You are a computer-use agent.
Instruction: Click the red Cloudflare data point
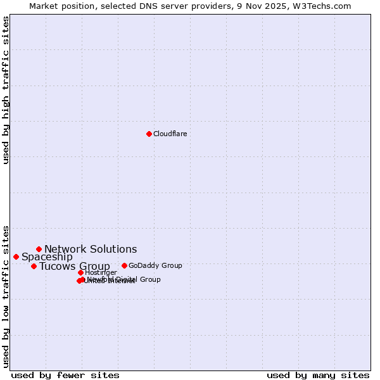pos(149,134)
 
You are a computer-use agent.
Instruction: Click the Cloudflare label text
pos(170,134)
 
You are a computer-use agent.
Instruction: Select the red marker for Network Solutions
pos(39,249)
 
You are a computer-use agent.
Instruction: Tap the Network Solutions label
pos(91,249)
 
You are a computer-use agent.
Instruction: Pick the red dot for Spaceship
pos(16,256)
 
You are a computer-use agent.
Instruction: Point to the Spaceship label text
pos(47,256)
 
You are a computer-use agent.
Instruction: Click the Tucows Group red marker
pos(34,266)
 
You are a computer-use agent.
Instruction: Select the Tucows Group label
pos(75,266)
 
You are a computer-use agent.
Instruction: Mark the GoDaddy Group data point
pos(124,265)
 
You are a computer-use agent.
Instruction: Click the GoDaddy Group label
pos(155,265)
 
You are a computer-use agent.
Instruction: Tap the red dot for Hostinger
pos(80,272)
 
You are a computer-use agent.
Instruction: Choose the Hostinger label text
pos(101,272)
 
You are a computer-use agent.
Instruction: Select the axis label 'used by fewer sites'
pos(65,375)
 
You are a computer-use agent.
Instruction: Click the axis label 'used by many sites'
pos(317,375)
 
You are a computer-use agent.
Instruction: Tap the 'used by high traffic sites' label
pos(6,90)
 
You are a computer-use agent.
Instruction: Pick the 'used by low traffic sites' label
pos(6,295)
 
